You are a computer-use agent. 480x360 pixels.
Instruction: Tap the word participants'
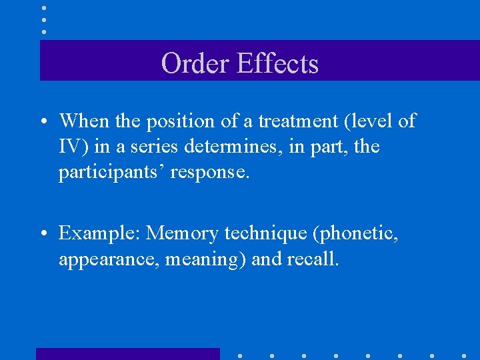(111, 172)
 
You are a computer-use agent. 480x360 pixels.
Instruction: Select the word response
(210, 172)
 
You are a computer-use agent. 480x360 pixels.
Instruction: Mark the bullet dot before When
(42, 122)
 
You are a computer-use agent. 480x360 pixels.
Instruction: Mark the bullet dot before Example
(42, 234)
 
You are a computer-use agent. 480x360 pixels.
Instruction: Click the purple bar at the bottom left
(127, 353)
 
